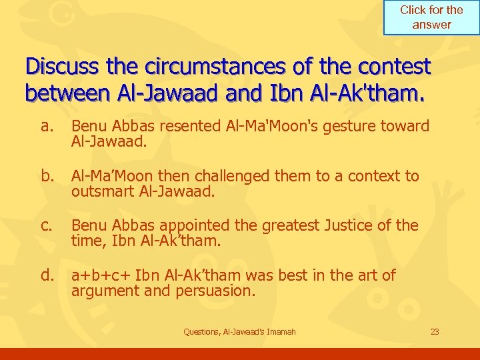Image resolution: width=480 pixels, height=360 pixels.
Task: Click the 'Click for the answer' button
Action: click(431, 17)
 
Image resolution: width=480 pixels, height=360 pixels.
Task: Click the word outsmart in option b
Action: click(102, 192)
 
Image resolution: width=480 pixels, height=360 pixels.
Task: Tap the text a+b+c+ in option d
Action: click(101, 275)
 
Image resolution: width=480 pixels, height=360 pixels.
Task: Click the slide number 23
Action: click(435, 331)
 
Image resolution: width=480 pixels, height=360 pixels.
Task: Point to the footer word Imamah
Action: click(280, 331)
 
